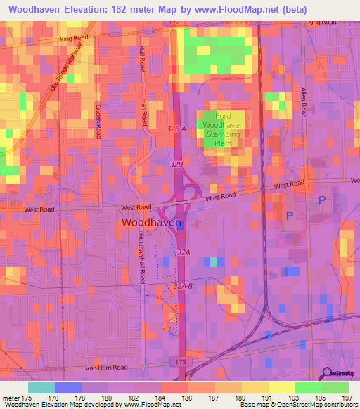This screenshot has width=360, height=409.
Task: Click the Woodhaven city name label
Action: click(152, 222)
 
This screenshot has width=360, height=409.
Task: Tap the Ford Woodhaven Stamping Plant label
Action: click(224, 129)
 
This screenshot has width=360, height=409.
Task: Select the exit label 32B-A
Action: click(176, 129)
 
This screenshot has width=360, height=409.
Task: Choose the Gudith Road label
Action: click(98, 119)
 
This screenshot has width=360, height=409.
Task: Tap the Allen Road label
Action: click(304, 103)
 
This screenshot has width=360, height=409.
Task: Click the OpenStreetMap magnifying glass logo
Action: click(326, 373)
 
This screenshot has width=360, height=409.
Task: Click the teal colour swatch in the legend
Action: click(41, 387)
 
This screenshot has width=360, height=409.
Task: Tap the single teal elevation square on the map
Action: click(214, 262)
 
